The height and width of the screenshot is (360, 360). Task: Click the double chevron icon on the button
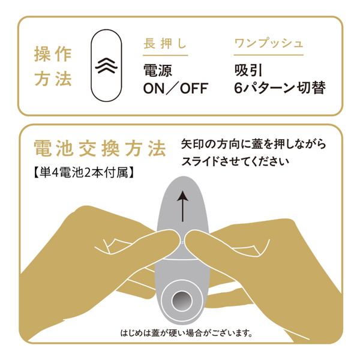coord(106,65)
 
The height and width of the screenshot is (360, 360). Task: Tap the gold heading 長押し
coord(165,43)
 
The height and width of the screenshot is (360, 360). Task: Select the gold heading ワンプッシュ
coord(269,43)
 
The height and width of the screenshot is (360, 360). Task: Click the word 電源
coord(157,70)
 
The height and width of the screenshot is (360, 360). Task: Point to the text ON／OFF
coord(176,88)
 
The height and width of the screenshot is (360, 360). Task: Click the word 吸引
coord(248,70)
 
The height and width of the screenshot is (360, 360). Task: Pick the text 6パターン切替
coord(280,88)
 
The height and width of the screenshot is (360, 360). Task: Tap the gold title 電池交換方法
coord(100,149)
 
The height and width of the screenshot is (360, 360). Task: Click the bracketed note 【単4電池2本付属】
coord(84,172)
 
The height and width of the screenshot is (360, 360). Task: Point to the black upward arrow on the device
coord(182,206)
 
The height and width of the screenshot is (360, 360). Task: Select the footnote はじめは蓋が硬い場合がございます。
coord(186,332)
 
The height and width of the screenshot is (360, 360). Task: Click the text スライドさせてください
coord(235,161)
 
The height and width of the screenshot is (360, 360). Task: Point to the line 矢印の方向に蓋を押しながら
coord(253,144)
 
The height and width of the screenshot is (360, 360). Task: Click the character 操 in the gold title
coord(42,54)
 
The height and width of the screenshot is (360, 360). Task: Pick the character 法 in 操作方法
coord(64,79)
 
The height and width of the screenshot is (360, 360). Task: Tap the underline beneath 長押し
coord(166,55)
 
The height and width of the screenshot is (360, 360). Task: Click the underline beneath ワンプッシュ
coord(269,55)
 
